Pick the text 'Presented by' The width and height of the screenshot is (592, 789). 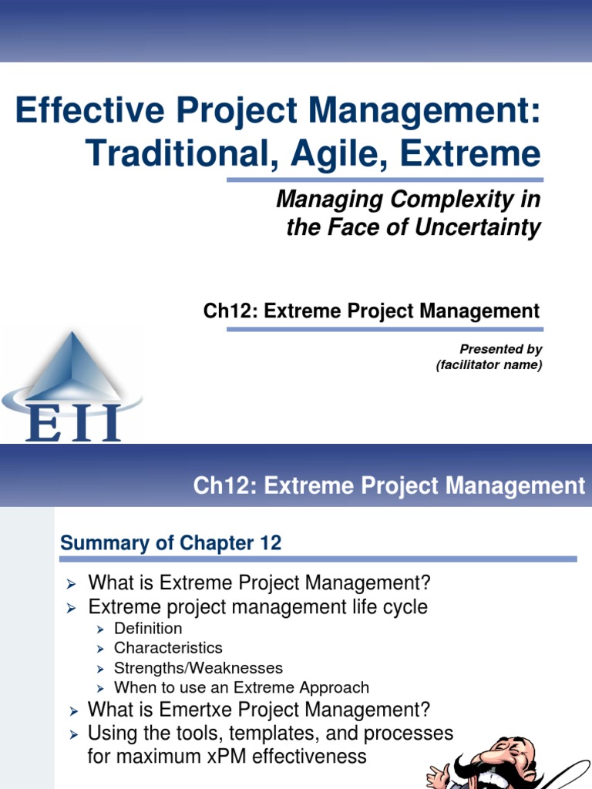[x=501, y=350]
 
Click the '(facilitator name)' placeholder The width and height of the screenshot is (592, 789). [x=489, y=365]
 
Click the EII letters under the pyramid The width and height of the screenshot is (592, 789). [x=73, y=422]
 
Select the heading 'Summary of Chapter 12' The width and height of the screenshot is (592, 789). [x=170, y=543]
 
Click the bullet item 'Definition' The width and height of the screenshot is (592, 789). [x=148, y=628]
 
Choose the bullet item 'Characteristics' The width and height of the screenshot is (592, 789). [x=168, y=648]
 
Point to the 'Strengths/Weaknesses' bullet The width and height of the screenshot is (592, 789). [x=198, y=668]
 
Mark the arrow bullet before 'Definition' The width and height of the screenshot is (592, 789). [x=100, y=629]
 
